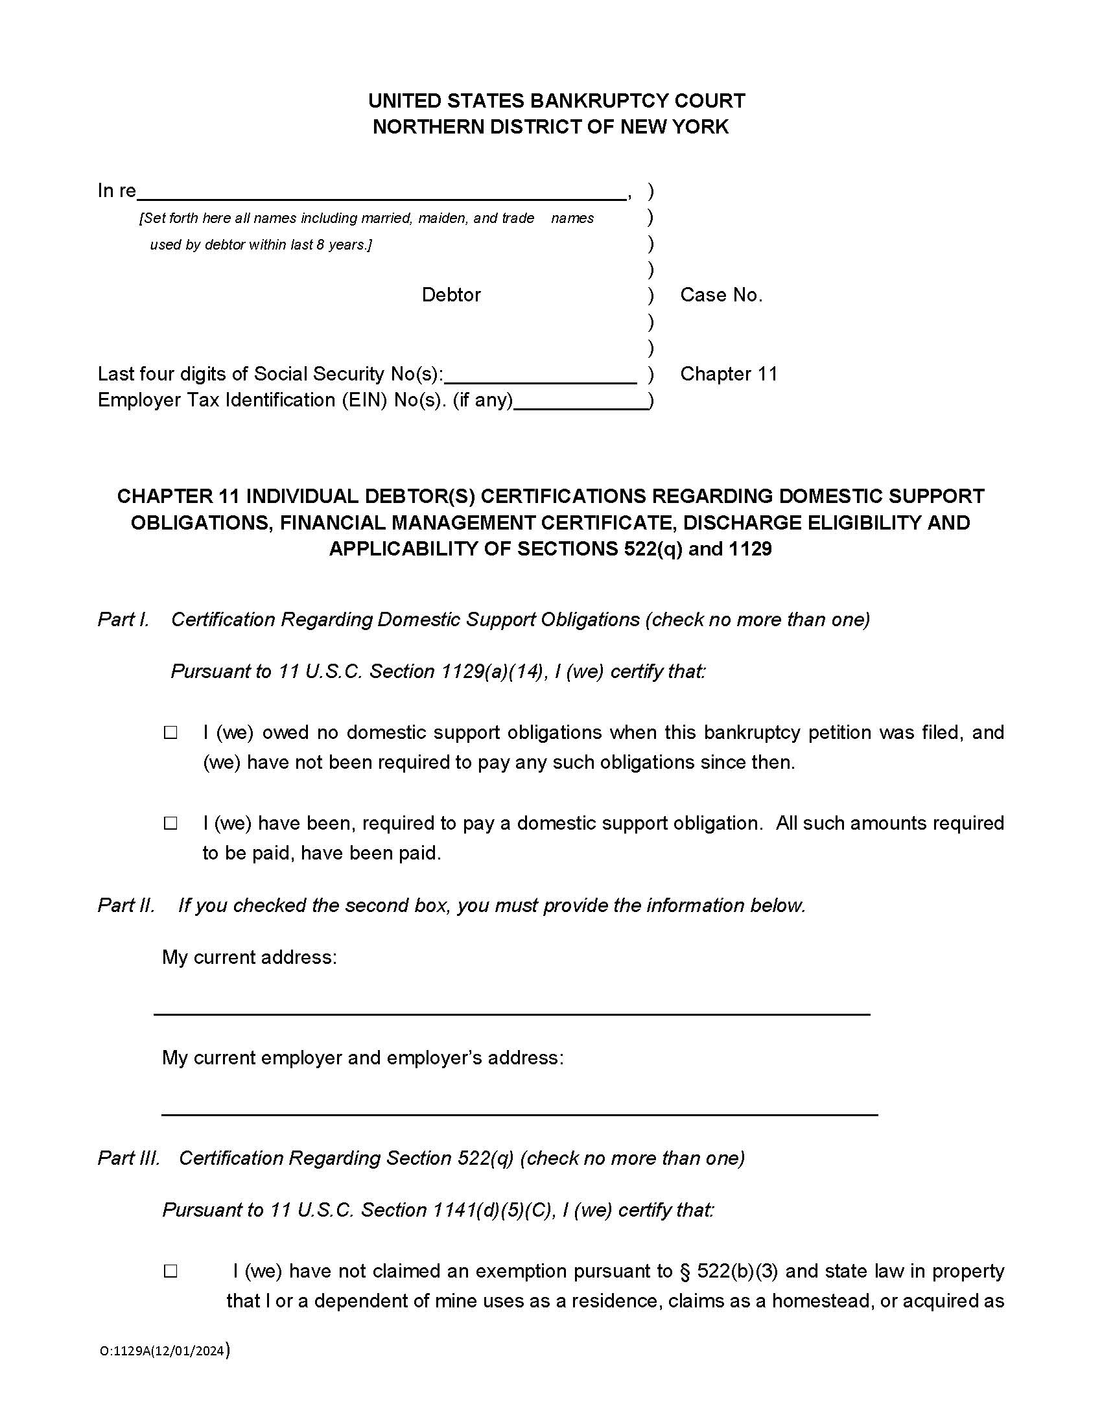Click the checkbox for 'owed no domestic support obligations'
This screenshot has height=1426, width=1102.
(x=170, y=732)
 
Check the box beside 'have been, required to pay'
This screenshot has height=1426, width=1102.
(x=170, y=823)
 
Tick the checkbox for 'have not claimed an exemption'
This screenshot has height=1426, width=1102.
(x=170, y=1271)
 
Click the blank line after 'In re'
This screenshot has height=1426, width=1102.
(x=382, y=192)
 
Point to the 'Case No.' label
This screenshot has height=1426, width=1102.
(x=721, y=295)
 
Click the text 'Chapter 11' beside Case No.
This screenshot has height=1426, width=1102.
(x=729, y=374)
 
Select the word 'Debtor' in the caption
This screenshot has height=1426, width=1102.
(x=451, y=295)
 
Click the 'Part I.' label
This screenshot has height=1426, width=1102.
(x=123, y=620)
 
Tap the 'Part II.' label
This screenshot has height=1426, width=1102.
(x=126, y=906)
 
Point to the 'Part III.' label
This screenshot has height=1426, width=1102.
(x=128, y=1158)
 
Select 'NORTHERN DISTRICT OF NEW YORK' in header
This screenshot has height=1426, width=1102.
(x=550, y=126)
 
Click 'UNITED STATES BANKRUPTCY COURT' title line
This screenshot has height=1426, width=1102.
(x=556, y=100)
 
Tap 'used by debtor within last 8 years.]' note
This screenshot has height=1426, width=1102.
(x=261, y=245)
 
